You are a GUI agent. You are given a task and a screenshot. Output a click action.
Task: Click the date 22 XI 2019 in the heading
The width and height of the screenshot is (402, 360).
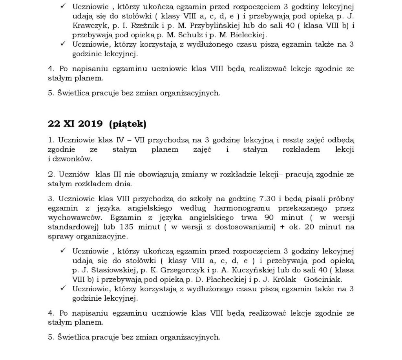pos(75,124)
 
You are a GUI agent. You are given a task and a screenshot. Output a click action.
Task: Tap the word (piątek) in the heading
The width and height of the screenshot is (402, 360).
pos(128,125)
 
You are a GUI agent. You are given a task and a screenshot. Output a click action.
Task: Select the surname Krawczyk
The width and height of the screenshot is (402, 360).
pos(90,26)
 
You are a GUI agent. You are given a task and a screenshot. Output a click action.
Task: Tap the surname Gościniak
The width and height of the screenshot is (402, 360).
pos(327,280)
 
